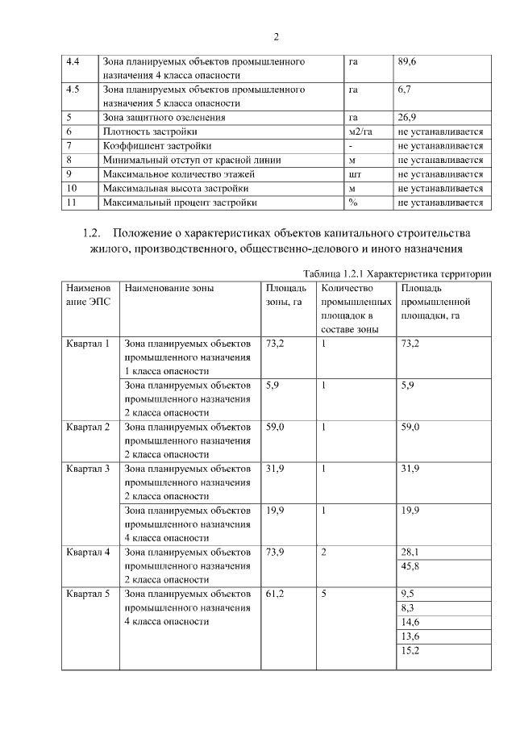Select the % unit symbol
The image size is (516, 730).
pyautogui.click(x=352, y=202)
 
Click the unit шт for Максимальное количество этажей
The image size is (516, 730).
pyautogui.click(x=353, y=173)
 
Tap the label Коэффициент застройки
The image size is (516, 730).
pyautogui.click(x=157, y=145)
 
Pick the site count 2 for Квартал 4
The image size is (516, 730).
pyautogui.click(x=323, y=552)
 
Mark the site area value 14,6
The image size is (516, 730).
pyautogui.click(x=410, y=622)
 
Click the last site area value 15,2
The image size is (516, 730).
pyautogui.click(x=410, y=650)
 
